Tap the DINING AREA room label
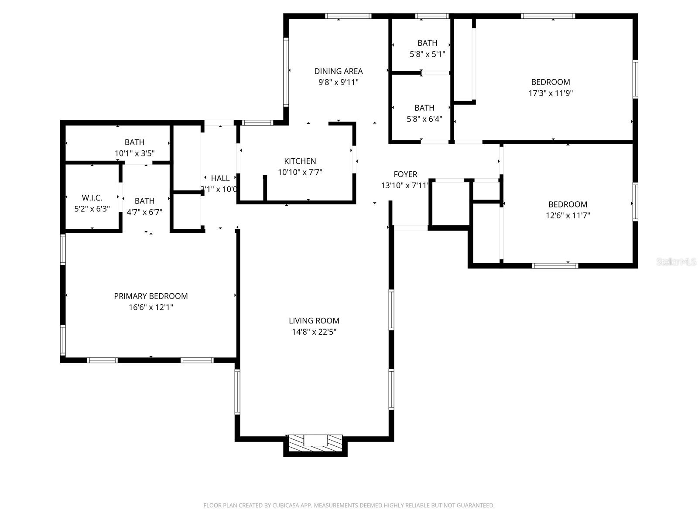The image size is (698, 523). [x=338, y=71]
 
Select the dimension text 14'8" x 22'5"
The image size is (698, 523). [x=314, y=332]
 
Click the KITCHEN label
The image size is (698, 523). [x=300, y=161]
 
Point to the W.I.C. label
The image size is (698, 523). [x=92, y=198]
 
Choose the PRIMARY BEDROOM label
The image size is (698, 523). [x=151, y=296]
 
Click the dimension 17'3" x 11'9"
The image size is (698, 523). [x=551, y=93]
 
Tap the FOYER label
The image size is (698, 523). [x=405, y=174]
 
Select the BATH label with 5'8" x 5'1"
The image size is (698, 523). [x=427, y=43]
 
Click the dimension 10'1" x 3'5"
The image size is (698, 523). [x=134, y=153]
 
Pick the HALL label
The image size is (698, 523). [x=220, y=178]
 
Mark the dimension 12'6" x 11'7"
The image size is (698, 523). [x=568, y=215]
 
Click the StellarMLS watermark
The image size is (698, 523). [x=677, y=262]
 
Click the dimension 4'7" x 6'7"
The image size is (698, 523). [x=144, y=212]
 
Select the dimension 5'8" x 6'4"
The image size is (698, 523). [x=424, y=119]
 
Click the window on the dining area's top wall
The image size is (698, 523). [x=349, y=16]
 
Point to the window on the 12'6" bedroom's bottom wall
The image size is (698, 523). [x=555, y=265]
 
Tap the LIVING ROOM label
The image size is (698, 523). [x=314, y=321]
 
